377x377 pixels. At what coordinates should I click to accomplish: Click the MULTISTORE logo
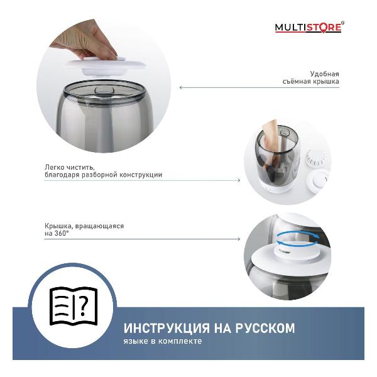pos(308,27)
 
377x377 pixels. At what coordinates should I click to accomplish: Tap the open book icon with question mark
pos(74,306)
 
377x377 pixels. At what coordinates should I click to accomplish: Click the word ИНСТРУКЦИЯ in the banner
pos(165,328)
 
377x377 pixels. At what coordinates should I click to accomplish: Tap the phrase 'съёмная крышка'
pos(310,82)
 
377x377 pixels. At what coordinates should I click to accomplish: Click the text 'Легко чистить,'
pos(70,167)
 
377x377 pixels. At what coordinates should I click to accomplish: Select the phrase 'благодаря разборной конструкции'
pos(103,175)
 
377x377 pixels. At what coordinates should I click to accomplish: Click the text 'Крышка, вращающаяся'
pos(84,225)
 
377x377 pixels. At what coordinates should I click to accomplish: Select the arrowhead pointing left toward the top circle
pos(182,87)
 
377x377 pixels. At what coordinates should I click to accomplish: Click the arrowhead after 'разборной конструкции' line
pos(238,180)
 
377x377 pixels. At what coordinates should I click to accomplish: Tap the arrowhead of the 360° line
pos(238,239)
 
